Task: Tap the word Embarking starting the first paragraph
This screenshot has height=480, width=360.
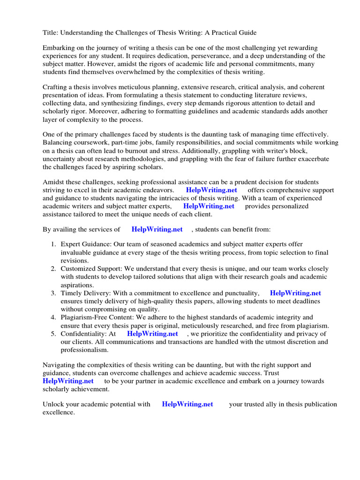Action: tap(60, 48)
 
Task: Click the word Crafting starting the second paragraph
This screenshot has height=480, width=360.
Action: tap(56, 87)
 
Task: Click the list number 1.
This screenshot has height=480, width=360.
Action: tap(53, 245)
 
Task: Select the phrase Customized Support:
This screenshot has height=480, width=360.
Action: tap(91, 269)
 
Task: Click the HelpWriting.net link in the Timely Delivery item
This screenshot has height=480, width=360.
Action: tap(295, 293)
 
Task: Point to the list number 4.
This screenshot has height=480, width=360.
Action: tap(53, 317)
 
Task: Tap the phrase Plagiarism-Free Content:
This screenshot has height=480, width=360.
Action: tap(100, 317)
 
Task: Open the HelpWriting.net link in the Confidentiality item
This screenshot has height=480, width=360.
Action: tap(152, 333)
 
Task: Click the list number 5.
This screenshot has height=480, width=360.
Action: tap(53, 333)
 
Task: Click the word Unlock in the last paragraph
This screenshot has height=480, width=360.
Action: tap(53, 404)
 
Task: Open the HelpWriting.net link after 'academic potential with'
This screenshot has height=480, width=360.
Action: tap(187, 404)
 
